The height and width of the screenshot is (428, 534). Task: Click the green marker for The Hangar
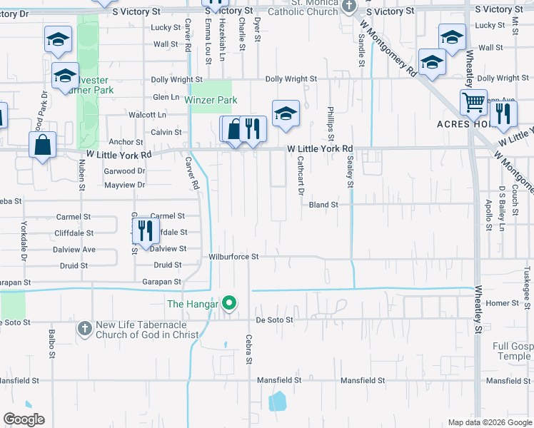229,304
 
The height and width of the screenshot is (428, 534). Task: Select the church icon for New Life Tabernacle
85,327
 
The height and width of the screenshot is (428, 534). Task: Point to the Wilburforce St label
233,256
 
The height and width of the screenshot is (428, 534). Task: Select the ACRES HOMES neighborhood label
465,124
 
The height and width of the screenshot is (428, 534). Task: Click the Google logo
24,419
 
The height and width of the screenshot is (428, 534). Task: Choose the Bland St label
323,205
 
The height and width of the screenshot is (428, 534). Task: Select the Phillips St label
331,120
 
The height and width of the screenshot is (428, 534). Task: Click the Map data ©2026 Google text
489,422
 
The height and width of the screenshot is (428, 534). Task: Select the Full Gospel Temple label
512,351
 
